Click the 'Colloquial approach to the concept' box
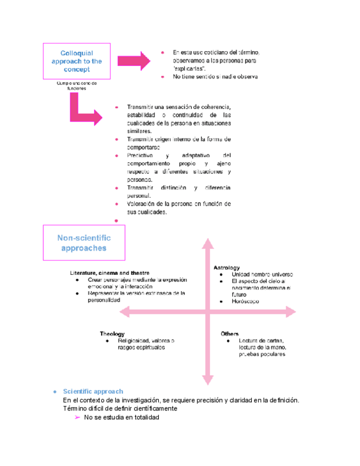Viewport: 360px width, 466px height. click(76, 62)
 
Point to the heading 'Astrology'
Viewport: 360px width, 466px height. click(226, 267)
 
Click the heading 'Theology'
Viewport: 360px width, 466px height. click(112, 334)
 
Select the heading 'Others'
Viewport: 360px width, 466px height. click(229, 334)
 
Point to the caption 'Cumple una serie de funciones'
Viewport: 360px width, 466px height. click(76, 86)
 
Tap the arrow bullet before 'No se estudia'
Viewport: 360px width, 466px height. click(77, 418)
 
